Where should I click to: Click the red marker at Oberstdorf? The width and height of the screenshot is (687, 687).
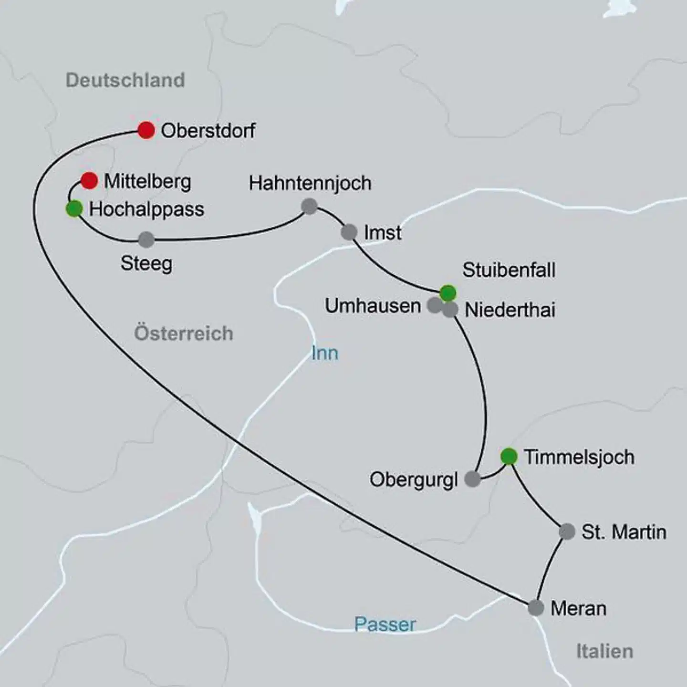pos(146,130)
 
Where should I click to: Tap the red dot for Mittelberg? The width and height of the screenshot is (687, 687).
pos(89,181)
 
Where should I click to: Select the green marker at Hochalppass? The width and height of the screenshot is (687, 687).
pos(74,209)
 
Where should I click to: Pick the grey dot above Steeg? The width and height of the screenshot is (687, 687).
pos(146,239)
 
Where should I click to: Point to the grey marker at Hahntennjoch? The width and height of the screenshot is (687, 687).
pos(310,207)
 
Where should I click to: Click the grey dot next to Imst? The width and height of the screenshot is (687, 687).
pos(349,232)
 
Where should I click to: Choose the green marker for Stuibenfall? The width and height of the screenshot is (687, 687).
pos(448,293)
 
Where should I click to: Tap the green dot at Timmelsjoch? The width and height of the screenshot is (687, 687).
pos(509,456)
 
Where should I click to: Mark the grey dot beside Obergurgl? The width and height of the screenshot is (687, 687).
pos(472,479)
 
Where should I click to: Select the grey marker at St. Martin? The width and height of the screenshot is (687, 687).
pos(567,531)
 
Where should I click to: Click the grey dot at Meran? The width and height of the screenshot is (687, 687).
pos(536,608)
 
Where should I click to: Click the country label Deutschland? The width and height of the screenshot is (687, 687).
pos(125,80)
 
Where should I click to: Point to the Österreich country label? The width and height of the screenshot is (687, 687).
pos(184,333)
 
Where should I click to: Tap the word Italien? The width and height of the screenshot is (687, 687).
pos(604,651)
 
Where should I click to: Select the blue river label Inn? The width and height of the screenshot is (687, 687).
pos(324,354)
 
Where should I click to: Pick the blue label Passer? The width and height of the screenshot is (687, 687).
pos(385,625)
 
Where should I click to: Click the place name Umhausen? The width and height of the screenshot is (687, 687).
pos(373,306)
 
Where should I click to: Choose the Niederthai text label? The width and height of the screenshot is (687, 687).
pos(510,310)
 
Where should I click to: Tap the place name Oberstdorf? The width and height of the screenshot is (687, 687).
pos(208,131)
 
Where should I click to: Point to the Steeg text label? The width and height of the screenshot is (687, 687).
pos(146,263)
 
